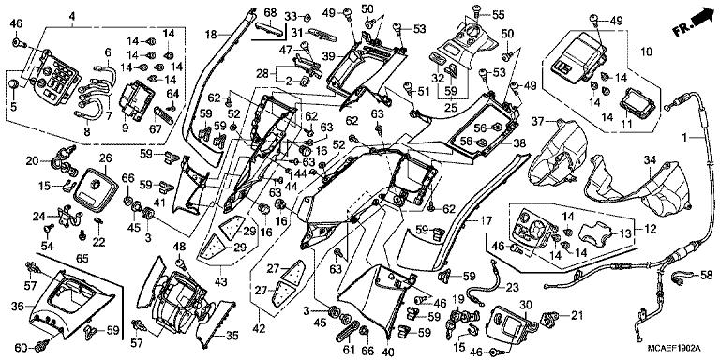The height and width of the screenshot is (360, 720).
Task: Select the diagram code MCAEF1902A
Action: (x=674, y=350)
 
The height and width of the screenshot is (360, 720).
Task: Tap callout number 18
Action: (x=212, y=33)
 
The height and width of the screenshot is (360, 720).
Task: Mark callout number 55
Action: (x=498, y=15)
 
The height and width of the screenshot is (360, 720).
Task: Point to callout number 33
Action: (x=291, y=16)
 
